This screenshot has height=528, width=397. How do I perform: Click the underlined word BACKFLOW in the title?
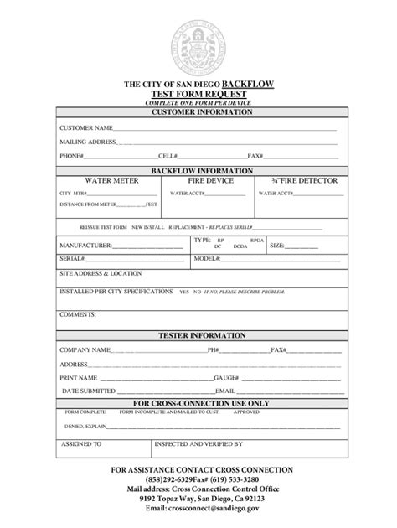click(x=247, y=85)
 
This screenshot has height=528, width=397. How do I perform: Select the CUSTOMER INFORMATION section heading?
click(x=199, y=111)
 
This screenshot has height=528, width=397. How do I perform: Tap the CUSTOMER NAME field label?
click(x=85, y=128)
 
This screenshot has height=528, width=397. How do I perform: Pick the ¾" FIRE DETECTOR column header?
click(x=299, y=180)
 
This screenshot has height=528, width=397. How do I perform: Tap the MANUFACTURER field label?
click(x=85, y=246)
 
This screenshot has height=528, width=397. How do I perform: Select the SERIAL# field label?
click(x=72, y=259)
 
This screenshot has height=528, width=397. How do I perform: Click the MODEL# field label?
click(x=205, y=259)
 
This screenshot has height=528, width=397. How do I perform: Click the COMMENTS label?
click(x=78, y=315)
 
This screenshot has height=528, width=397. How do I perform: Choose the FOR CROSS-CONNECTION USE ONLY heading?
click(x=198, y=403)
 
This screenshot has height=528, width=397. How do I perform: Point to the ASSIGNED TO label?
click(x=82, y=444)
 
